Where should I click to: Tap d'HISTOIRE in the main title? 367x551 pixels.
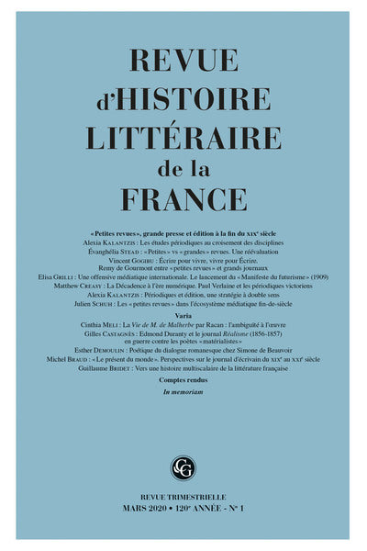[183, 104]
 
